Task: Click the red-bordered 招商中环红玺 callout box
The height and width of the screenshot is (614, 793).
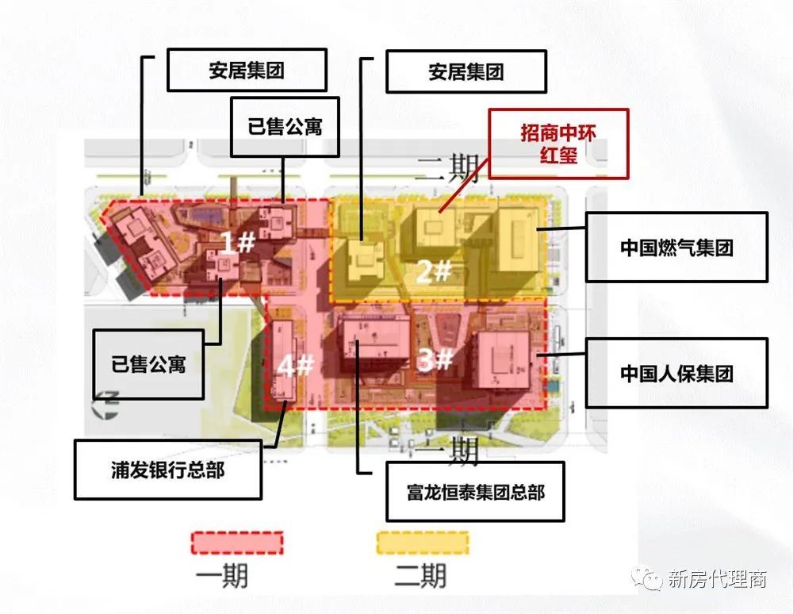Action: (557, 143)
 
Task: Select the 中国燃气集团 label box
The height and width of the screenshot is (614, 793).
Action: (676, 247)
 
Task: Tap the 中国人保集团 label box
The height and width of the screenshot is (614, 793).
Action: (676, 373)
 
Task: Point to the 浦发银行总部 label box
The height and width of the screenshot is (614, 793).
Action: (168, 469)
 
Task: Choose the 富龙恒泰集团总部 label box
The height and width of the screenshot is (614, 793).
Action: (476, 492)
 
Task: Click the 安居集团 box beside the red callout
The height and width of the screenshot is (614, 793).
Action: (466, 72)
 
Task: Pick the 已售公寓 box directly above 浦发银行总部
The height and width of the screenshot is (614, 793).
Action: (148, 364)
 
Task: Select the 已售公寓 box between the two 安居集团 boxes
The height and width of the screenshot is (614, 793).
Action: (285, 126)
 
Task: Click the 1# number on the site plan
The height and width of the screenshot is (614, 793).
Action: (237, 243)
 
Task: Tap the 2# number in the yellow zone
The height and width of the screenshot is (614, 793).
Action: (434, 272)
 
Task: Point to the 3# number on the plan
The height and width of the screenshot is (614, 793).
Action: (435, 360)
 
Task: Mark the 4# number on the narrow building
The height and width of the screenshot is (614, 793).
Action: (295, 366)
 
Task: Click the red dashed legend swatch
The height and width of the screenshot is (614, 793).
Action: (237, 542)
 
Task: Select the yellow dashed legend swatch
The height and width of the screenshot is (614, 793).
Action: (421, 542)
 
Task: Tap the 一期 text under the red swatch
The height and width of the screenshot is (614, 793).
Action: (222, 575)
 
